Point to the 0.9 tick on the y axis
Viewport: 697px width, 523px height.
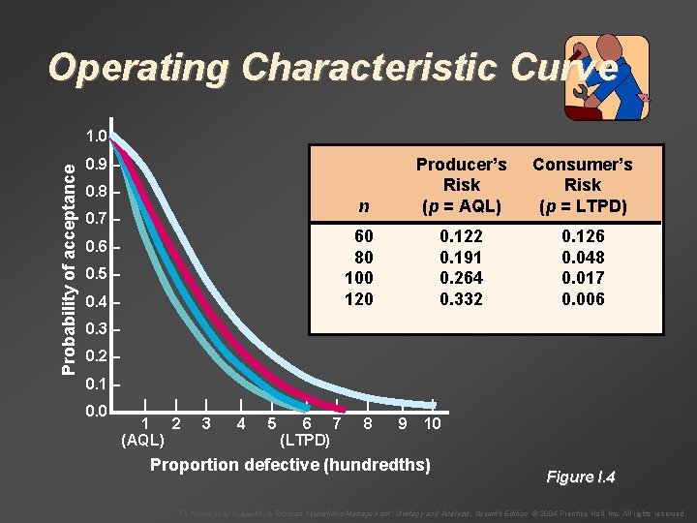[95, 165]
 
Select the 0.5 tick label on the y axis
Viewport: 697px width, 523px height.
[95, 275]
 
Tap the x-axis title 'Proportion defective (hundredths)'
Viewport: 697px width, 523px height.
[289, 465]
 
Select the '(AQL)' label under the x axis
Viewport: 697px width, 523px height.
[142, 441]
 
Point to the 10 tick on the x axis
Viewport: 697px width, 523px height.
[433, 423]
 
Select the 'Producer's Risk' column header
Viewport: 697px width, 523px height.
[461, 185]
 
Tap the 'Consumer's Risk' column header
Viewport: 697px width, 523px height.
[582, 185]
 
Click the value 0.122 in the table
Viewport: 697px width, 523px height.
[461, 235]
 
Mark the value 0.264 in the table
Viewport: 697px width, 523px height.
[461, 278]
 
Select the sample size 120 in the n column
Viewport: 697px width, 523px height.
[358, 299]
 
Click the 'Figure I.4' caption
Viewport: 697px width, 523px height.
[581, 477]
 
